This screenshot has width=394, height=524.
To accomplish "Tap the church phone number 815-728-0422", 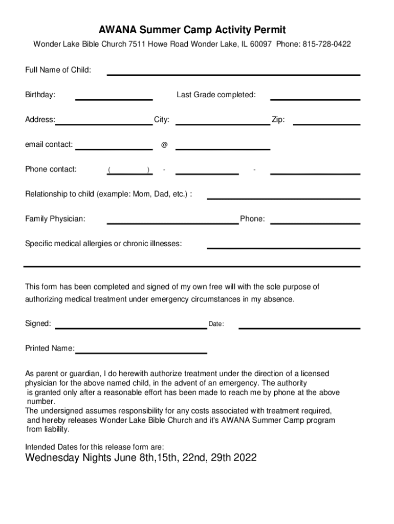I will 326,45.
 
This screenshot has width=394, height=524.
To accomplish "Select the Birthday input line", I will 114,98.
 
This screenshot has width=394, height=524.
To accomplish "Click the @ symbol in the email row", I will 164,145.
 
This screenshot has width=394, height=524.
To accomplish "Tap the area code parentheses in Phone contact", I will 128,170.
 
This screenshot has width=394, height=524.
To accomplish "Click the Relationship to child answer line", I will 283,198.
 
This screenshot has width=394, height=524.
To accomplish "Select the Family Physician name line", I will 173,223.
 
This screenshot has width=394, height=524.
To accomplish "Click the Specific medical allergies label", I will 103,244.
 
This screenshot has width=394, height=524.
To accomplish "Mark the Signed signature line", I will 131,327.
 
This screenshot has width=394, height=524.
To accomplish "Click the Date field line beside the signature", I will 299,327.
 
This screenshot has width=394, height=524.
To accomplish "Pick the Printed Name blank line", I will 141,352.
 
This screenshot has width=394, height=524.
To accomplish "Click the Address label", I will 40,120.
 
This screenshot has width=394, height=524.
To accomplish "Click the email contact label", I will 49,144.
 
